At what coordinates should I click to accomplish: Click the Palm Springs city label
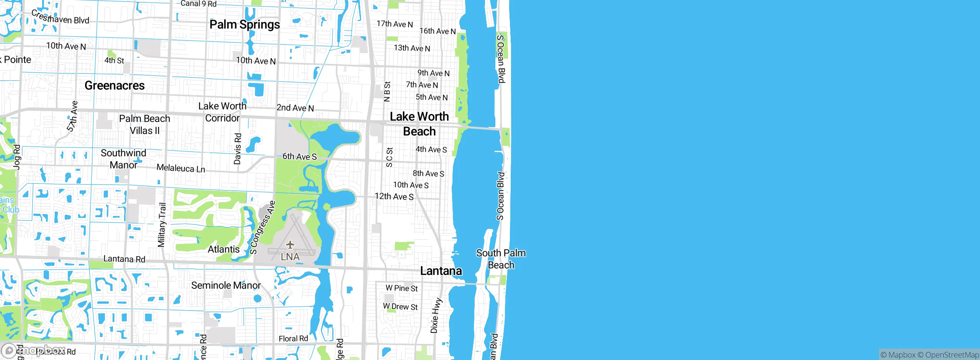pyautogui.click(x=245, y=25)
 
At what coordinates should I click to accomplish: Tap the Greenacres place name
pyautogui.click(x=114, y=85)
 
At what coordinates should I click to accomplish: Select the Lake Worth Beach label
pyautogui.click(x=419, y=124)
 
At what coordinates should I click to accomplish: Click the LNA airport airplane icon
pyautogui.click(x=290, y=244)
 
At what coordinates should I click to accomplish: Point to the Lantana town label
pyautogui.click(x=441, y=271)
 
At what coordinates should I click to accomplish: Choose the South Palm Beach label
pyautogui.click(x=501, y=259)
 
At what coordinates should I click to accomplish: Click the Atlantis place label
pyautogui.click(x=224, y=249)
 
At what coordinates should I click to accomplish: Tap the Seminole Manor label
pyautogui.click(x=226, y=285)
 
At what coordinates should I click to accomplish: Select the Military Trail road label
pyautogui.click(x=162, y=225)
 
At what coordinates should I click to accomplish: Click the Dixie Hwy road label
pyautogui.click(x=436, y=316)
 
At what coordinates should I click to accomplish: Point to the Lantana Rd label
pyautogui.click(x=124, y=259)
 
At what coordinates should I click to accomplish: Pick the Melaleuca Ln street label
pyautogui.click(x=181, y=168)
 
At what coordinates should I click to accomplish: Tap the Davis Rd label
pyautogui.click(x=238, y=149)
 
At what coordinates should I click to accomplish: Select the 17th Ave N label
pyautogui.click(x=395, y=24)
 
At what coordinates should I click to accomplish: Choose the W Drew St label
pyautogui.click(x=400, y=307)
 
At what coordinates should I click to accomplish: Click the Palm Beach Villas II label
pyautogui.click(x=145, y=124)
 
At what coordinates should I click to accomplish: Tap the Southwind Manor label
pyautogui.click(x=123, y=159)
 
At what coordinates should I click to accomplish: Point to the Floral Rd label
pyautogui.click(x=293, y=339)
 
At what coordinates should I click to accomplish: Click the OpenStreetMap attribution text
pyautogui.click(x=952, y=355)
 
